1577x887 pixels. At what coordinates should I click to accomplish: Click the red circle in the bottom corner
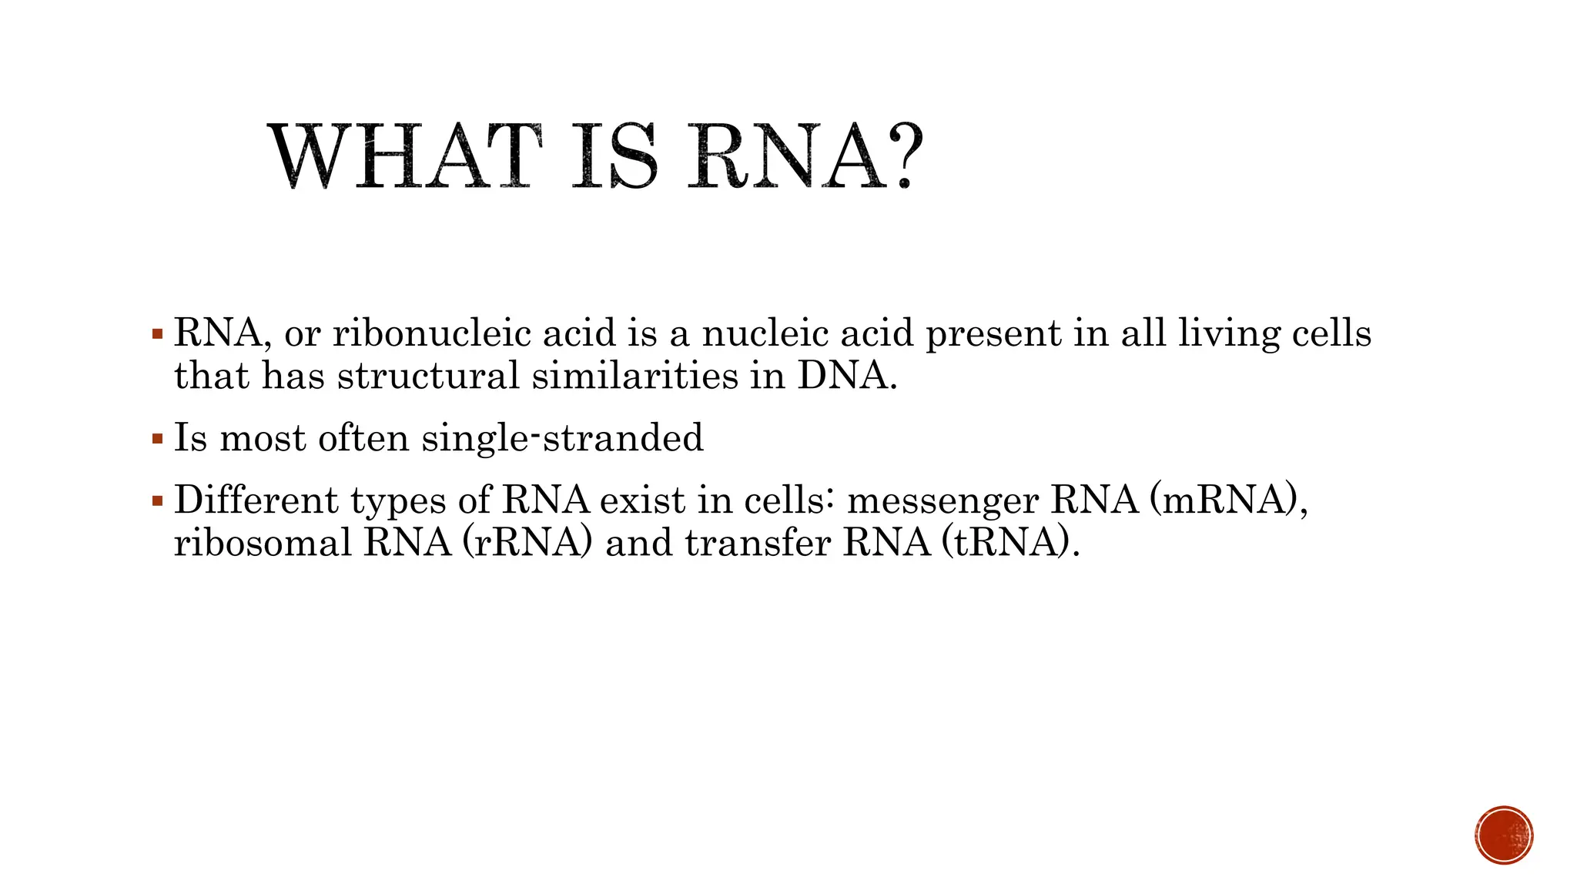pos(1504,835)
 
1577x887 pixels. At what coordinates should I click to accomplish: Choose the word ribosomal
pos(263,543)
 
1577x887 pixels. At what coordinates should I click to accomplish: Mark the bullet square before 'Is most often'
pos(158,440)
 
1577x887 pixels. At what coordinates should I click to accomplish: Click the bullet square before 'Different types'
pos(158,501)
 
